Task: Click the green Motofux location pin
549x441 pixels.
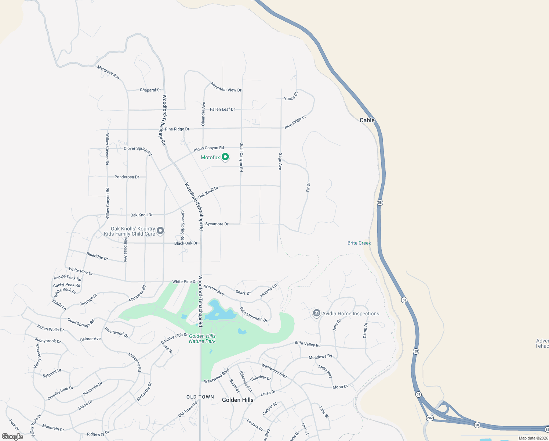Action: [x=225, y=157]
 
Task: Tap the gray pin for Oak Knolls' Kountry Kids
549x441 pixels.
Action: [x=160, y=231]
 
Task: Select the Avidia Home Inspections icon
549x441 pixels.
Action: [x=316, y=313]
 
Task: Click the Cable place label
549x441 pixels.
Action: [x=367, y=120]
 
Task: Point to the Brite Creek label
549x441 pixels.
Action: [x=359, y=243]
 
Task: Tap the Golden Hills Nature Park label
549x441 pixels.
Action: [x=202, y=338]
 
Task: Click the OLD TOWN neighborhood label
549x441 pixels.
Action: [x=200, y=397]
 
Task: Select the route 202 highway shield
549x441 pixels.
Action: [x=430, y=418]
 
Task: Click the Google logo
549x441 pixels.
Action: [x=12, y=437]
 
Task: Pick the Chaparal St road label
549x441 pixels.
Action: [x=150, y=90]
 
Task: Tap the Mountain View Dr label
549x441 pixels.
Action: [x=226, y=87]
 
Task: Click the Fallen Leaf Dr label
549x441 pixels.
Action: [x=222, y=109]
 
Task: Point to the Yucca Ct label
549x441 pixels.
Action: [x=291, y=97]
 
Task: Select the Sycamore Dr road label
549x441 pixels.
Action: [x=217, y=224]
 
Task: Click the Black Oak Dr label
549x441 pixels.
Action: [x=186, y=243]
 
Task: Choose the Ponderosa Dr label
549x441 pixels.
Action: [x=127, y=177]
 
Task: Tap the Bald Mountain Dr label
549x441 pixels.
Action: [x=254, y=315]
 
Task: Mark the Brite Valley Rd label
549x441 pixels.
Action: [x=308, y=344]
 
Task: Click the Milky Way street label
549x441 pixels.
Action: [x=326, y=372]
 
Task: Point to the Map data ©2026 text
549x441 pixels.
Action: [x=533, y=438]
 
